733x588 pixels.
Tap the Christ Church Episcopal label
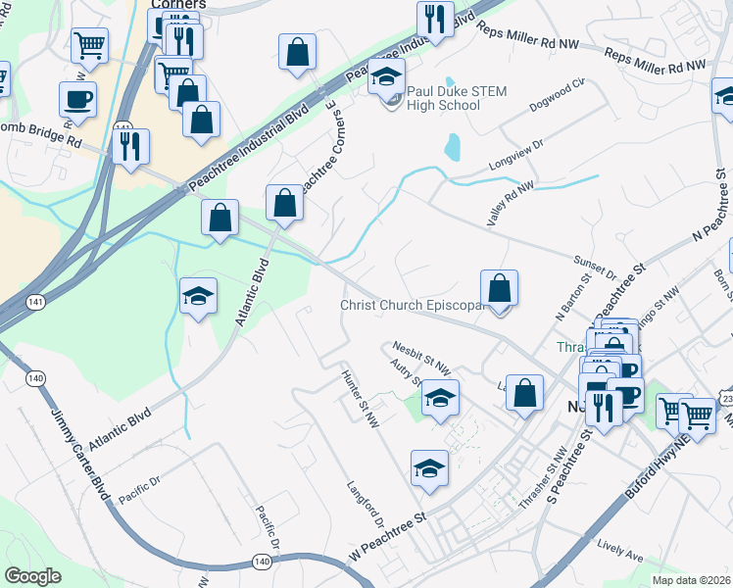coord(413,305)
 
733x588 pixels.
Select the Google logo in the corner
coord(32,575)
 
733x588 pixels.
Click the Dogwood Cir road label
coord(557,90)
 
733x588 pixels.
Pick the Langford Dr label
coord(366,500)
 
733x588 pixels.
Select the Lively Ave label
coord(620,551)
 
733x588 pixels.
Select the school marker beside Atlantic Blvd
coord(198,296)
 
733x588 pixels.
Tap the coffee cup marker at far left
coord(77,98)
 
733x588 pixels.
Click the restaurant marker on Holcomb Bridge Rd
coord(130,146)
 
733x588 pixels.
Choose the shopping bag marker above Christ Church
coord(500,288)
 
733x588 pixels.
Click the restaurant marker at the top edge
coord(434,18)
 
